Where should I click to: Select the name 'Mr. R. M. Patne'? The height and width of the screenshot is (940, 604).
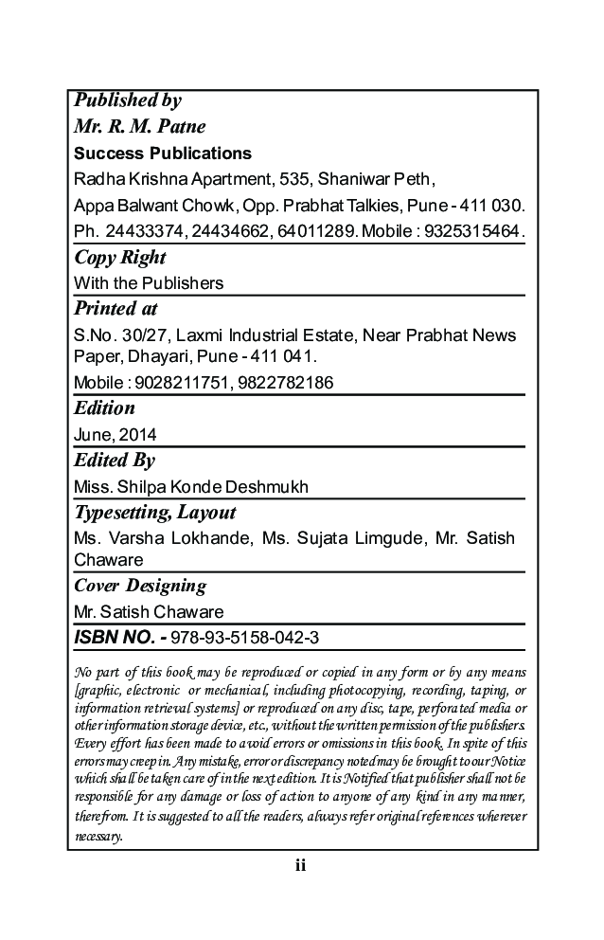pyautogui.click(x=139, y=127)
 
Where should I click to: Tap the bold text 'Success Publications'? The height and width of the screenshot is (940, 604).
pyautogui.click(x=163, y=154)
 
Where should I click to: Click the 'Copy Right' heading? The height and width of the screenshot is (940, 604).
pyautogui.click(x=119, y=258)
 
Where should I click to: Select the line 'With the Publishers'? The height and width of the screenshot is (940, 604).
pyautogui.click(x=149, y=282)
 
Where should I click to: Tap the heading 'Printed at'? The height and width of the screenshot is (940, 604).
pyautogui.click(x=115, y=309)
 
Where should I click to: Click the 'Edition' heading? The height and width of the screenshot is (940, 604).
pyautogui.click(x=104, y=409)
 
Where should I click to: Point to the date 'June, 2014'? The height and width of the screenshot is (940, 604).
pyautogui.click(x=115, y=435)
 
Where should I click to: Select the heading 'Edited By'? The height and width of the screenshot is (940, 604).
pyautogui.click(x=115, y=461)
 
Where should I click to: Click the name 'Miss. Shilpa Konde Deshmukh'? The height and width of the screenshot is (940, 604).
pyautogui.click(x=191, y=487)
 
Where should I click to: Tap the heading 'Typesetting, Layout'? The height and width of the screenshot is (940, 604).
pyautogui.click(x=154, y=514)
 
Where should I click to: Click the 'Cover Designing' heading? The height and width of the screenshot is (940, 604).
pyautogui.click(x=140, y=587)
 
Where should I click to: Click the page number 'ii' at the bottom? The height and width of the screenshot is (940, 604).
pyautogui.click(x=301, y=865)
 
